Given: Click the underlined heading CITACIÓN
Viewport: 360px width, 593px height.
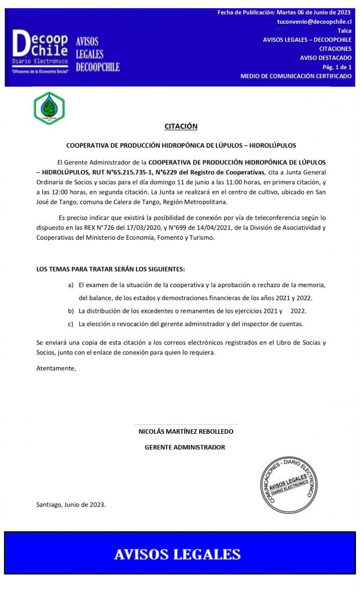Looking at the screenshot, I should (x=181, y=126).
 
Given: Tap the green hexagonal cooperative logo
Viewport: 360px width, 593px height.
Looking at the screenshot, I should (x=49, y=108).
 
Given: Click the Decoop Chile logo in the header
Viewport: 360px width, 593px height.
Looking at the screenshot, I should (x=41, y=50).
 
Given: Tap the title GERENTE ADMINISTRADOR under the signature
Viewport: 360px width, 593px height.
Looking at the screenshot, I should (x=185, y=447).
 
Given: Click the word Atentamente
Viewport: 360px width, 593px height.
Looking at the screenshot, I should (x=56, y=368).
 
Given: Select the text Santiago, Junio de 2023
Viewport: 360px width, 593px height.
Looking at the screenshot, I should (x=71, y=504).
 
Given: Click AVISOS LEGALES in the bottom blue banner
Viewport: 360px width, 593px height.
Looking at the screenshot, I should (x=177, y=554).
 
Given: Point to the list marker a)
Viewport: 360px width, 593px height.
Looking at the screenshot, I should (x=71, y=285).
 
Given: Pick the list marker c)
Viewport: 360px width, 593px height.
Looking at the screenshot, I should (x=71, y=324).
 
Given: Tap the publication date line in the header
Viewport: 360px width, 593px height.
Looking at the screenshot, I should (x=284, y=12).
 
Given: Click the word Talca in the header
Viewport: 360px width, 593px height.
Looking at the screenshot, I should (x=344, y=31).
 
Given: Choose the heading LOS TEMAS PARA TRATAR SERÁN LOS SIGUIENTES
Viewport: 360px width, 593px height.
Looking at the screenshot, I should (x=111, y=269).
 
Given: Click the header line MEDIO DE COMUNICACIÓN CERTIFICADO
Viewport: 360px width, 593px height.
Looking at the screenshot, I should (x=296, y=76).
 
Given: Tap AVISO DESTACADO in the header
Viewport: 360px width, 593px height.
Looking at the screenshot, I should (x=325, y=58).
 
